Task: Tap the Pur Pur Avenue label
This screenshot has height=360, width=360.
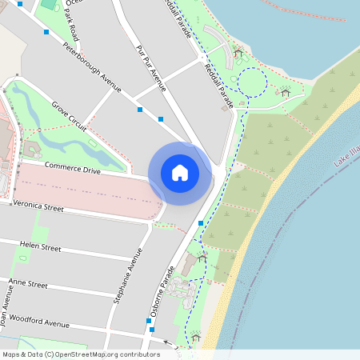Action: click(150, 69)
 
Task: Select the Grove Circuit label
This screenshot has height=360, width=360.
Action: click(69, 116)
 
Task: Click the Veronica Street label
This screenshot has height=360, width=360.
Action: click(38, 206)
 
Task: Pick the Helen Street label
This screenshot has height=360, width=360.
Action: click(40, 246)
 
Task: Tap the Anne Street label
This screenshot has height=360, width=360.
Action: click(27, 284)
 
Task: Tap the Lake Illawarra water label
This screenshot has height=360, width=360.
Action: click(344, 158)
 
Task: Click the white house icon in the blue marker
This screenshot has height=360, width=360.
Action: click(180, 173)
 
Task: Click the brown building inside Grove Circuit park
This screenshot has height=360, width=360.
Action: click(32, 149)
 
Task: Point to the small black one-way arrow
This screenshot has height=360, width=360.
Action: click(167, 342)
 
